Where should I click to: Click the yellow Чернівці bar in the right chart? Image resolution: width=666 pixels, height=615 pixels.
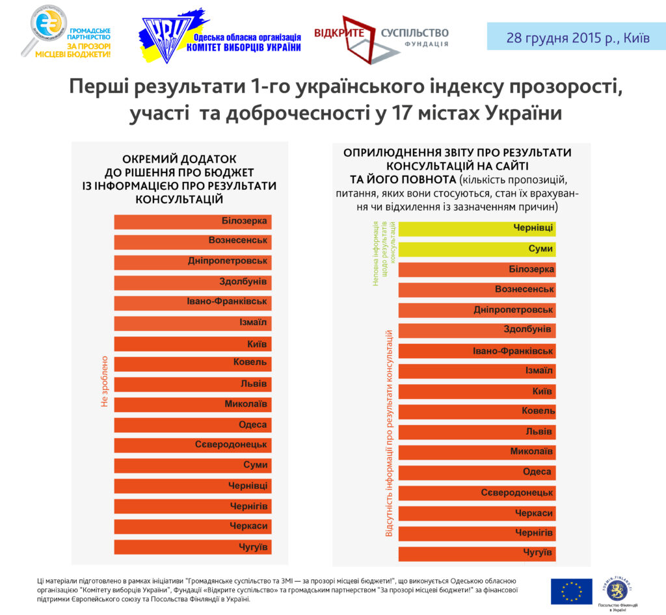tap(477, 228)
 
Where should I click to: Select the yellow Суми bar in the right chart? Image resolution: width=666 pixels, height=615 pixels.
tap(477, 249)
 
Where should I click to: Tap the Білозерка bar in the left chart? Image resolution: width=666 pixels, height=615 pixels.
tap(193, 222)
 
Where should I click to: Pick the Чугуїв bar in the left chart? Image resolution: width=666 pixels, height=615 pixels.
tap(193, 546)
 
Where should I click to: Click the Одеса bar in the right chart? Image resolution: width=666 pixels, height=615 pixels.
tap(477, 472)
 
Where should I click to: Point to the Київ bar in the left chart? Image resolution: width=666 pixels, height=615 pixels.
tap(193, 344)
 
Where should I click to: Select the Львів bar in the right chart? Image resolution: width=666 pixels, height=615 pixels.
tap(477, 432)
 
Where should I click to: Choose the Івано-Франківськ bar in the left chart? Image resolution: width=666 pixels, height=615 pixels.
tap(193, 303)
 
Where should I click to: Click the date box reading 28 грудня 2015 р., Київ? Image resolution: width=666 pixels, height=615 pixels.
tap(576, 37)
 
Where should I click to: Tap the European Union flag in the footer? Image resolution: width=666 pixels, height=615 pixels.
tap(571, 591)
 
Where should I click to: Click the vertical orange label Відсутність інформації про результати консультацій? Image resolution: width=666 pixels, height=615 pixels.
tap(389, 433)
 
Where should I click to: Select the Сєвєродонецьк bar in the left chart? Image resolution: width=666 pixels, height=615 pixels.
tap(193, 445)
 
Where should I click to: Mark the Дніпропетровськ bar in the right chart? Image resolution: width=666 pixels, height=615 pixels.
tap(477, 310)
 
